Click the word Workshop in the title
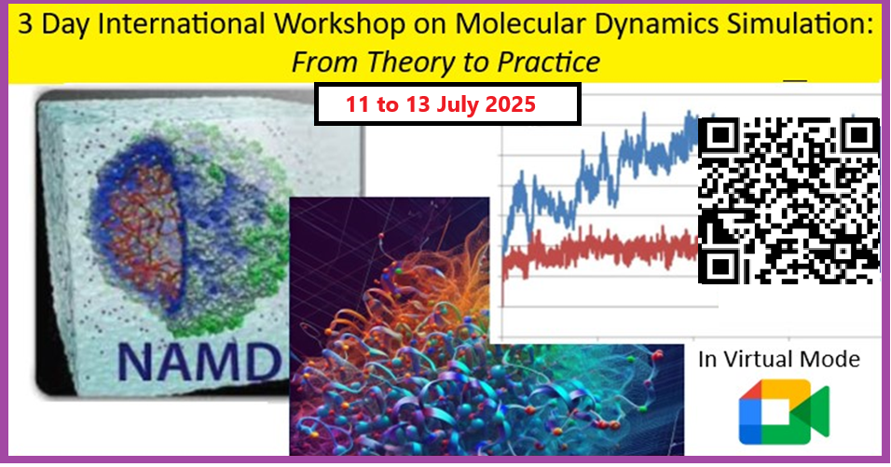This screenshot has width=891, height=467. (338, 25)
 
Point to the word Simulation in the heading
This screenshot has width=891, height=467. (800, 25)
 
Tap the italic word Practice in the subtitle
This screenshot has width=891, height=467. (548, 62)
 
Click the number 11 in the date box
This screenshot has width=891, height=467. (358, 104)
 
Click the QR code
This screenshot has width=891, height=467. (788, 200)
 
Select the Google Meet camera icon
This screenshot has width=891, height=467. (784, 411)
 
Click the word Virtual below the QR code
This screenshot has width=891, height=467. (758, 359)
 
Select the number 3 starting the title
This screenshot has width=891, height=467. (25, 25)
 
